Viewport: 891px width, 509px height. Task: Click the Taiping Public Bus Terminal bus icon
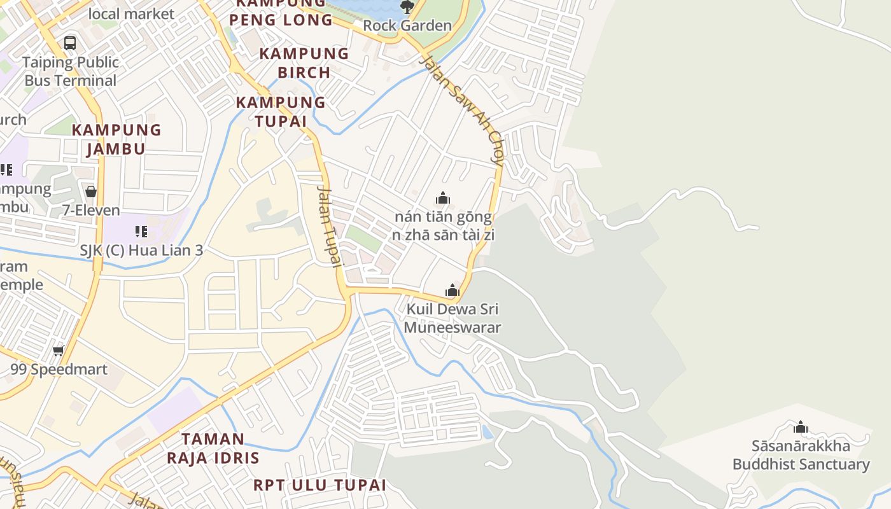tap(70, 43)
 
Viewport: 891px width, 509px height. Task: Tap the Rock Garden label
tap(407, 25)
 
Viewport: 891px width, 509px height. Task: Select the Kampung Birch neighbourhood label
tap(304, 62)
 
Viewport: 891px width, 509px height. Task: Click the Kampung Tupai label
tap(281, 111)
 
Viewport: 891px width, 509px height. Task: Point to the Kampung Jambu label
tap(116, 139)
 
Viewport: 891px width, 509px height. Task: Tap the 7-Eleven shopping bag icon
tap(91, 192)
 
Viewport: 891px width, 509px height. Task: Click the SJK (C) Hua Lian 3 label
tap(141, 250)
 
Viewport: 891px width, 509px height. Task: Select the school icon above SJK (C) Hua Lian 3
tap(141, 232)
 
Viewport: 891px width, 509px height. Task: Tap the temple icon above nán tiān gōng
tap(443, 199)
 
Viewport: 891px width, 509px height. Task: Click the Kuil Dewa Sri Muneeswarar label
tap(453, 318)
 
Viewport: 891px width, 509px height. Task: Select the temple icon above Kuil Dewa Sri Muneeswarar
tap(453, 291)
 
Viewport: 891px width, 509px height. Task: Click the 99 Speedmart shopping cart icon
tap(59, 351)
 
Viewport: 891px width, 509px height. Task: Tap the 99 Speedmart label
tap(59, 369)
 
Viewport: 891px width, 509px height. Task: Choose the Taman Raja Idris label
tap(213, 448)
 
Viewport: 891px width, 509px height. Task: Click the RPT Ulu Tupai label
tap(319, 485)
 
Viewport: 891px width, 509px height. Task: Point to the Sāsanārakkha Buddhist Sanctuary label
tap(801, 455)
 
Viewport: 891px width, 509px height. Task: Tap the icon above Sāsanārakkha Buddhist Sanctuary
tap(801, 427)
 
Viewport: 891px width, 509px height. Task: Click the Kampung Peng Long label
tap(281, 12)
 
